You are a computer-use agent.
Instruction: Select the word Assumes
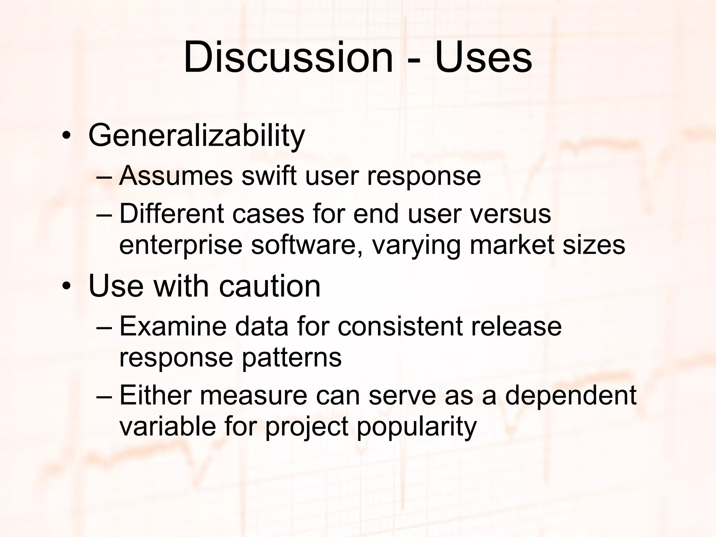(176, 176)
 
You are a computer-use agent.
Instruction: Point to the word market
(511, 244)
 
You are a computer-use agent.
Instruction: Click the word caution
(270, 286)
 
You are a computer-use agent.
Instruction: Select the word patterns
(292, 358)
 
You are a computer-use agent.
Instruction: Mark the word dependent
(571, 395)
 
